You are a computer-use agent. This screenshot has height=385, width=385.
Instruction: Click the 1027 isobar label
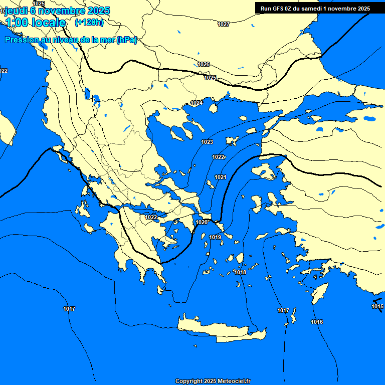[x=224, y=24]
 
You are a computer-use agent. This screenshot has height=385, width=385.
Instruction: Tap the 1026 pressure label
[x=204, y=64]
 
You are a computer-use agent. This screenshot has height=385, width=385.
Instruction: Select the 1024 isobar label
[x=197, y=103]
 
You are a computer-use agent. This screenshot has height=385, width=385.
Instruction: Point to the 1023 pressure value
[x=207, y=142]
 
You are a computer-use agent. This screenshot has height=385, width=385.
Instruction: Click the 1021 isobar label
[x=221, y=177]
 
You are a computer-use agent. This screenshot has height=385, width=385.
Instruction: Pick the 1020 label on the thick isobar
[x=202, y=222]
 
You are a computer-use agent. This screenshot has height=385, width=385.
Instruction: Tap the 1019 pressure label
[x=215, y=237]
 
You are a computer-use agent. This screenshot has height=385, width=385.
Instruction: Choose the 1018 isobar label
[x=240, y=272]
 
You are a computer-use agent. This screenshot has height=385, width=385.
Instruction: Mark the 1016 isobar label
[x=317, y=322]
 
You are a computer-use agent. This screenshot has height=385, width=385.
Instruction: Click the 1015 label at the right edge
[x=377, y=306]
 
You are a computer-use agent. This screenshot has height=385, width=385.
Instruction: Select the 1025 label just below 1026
[x=210, y=78]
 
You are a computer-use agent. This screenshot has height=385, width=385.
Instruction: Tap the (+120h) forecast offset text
[x=89, y=22]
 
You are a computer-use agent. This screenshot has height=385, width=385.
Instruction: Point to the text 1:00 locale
[x=36, y=23]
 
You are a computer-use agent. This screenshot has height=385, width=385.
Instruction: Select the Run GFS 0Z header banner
[x=315, y=8]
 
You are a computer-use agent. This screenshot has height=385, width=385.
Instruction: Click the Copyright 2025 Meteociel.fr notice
[x=213, y=381]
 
